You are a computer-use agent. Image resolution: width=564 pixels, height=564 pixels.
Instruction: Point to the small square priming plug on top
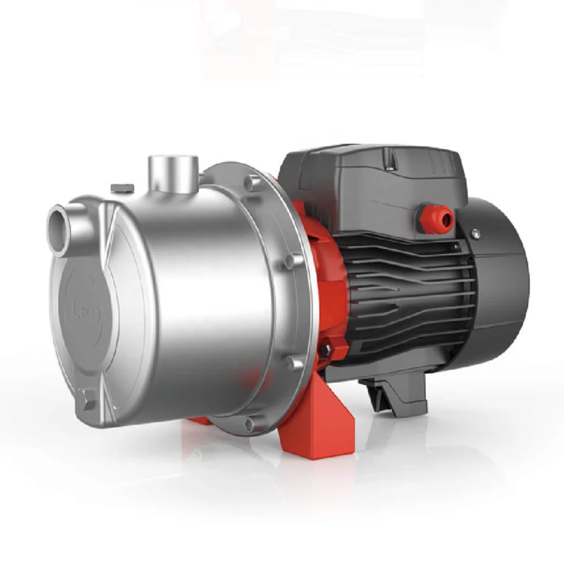coord(123,188)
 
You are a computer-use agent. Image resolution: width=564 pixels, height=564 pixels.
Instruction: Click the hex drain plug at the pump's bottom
coord(86,400)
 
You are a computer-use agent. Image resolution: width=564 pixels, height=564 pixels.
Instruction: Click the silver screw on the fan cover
coord(475,233)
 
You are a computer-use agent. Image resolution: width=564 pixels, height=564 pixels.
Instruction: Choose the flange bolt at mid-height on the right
coord(291,261)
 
